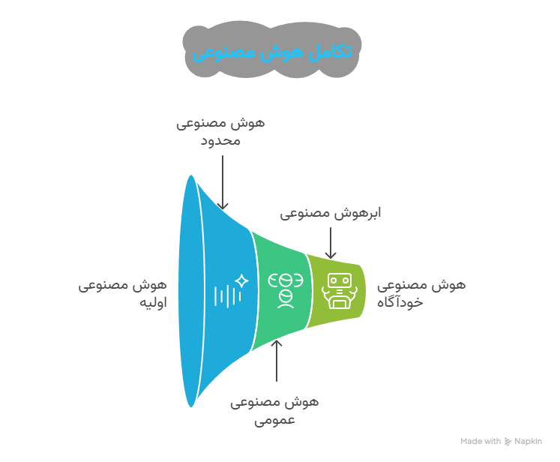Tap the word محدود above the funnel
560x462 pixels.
point(221,139)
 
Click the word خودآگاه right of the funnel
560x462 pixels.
point(404,302)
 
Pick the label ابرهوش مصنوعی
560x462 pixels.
point(331,213)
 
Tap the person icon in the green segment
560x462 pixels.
point(286,289)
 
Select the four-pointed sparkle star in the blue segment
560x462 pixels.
point(241,280)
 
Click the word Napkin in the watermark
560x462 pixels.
point(528,442)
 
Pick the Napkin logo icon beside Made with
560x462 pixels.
point(508,442)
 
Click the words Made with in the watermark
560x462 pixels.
point(481,442)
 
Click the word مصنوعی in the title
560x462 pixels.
point(224,53)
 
